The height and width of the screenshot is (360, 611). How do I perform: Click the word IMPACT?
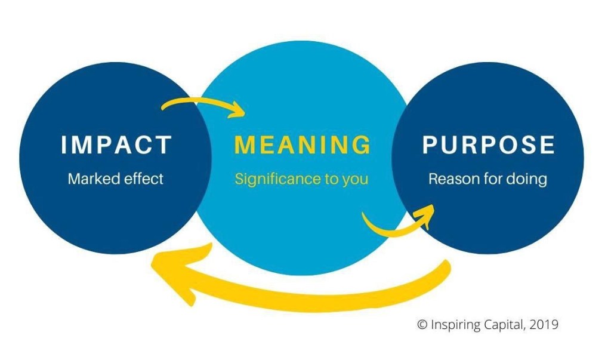point(116,145)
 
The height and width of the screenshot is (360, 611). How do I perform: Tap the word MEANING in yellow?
point(303,145)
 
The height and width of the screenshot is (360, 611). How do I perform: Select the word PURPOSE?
point(489,145)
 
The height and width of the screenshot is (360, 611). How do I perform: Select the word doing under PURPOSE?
point(526,179)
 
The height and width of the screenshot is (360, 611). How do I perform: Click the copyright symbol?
point(422,325)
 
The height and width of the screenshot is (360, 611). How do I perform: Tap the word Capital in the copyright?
point(502,325)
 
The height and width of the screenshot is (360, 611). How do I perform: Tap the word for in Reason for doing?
point(490,179)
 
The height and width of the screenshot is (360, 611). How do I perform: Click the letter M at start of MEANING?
point(245,145)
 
